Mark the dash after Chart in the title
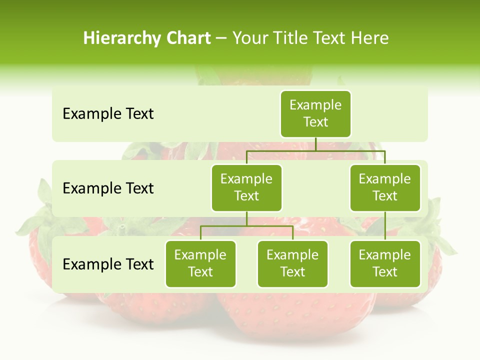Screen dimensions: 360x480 [221, 38]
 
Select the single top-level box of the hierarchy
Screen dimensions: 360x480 [315, 114]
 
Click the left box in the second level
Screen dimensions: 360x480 [246, 187]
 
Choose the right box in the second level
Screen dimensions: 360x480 [385, 187]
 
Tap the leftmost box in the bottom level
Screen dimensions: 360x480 [200, 263]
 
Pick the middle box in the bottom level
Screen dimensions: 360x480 [292, 263]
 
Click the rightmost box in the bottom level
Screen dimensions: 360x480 [385, 263]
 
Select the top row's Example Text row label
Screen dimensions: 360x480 [108, 114]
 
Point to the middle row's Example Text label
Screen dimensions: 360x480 [108, 188]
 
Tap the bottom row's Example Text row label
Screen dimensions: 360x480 [108, 264]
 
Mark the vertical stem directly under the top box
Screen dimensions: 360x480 [315, 143]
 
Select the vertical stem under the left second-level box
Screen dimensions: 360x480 [246, 218]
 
